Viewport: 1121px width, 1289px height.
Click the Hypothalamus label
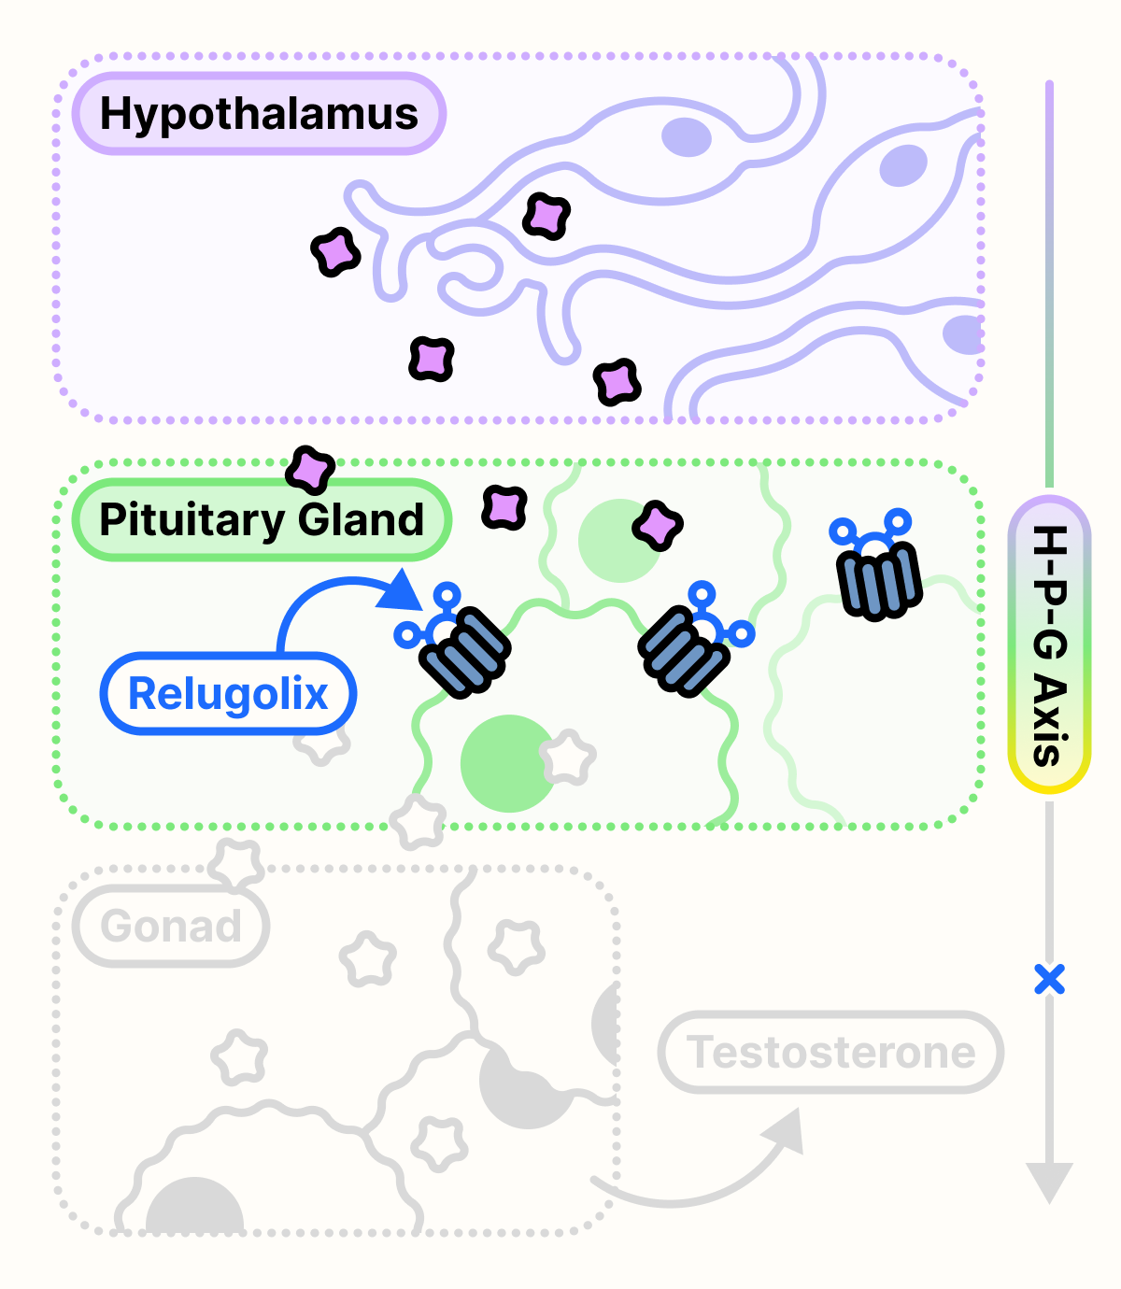(259, 114)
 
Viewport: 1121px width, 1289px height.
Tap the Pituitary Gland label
(262, 520)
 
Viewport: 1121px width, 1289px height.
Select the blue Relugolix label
(228, 694)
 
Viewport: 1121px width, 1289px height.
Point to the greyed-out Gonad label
(171, 927)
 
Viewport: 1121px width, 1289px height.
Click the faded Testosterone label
(830, 1053)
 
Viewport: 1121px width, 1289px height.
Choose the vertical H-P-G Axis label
(1049, 644)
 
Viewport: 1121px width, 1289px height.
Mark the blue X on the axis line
(1049, 980)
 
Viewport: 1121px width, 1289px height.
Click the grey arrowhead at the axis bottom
(1049, 1181)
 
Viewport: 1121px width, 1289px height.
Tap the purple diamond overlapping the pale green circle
(658, 526)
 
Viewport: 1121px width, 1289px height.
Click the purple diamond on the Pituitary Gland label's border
(310, 469)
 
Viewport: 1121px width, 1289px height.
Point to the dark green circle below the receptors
(507, 763)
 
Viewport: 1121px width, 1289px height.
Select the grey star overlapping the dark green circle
(567, 758)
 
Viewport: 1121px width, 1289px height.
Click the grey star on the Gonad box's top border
(235, 864)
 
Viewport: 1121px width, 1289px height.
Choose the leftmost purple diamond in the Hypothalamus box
(335, 252)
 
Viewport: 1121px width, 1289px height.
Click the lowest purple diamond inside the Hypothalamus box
(617, 381)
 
